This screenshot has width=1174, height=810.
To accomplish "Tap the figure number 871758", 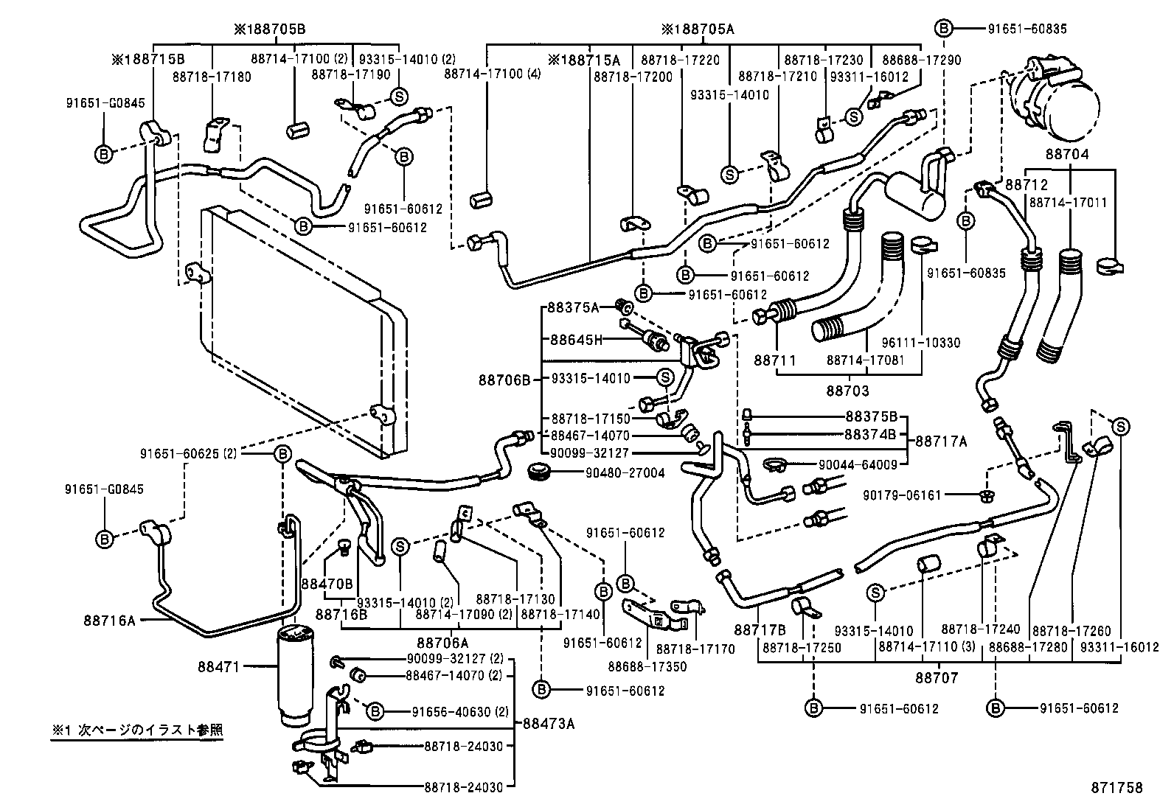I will pyautogui.click(x=1116, y=788).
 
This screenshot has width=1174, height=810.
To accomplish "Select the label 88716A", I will pyautogui.click(x=110, y=621).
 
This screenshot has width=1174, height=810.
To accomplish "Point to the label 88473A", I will pyautogui.click(x=549, y=723).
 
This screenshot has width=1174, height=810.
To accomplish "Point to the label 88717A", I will pyautogui.click(x=942, y=441).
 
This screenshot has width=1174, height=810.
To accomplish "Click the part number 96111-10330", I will pyautogui.click(x=921, y=343).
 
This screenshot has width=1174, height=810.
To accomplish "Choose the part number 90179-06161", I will pyautogui.click(x=901, y=495).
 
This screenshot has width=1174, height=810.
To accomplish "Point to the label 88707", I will pyautogui.click(x=937, y=677).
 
